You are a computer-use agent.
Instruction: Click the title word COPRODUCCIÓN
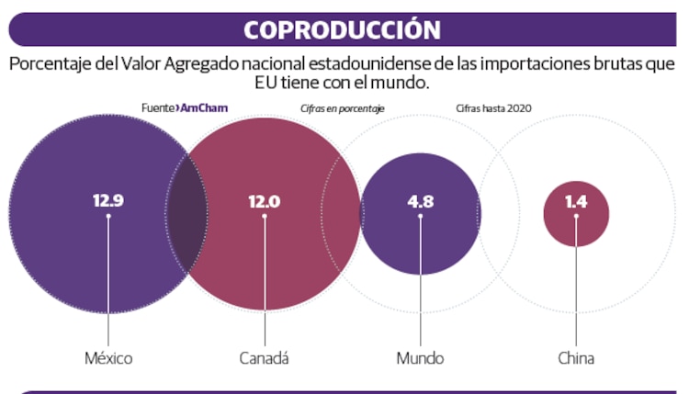pyautogui.click(x=342, y=29)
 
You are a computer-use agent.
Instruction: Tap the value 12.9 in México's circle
pyautogui.click(x=107, y=200)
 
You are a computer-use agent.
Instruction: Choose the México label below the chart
pyautogui.click(x=107, y=358)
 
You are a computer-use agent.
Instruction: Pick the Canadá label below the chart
pyautogui.click(x=264, y=358)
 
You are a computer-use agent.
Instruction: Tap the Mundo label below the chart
pyautogui.click(x=420, y=358)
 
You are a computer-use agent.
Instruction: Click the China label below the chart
pyautogui.click(x=576, y=358)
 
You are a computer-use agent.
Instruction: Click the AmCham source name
pyautogui.click(x=204, y=107)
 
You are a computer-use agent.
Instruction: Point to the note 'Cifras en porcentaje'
pyautogui.click(x=342, y=108)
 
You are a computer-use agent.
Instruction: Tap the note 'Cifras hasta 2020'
pyautogui.click(x=493, y=108)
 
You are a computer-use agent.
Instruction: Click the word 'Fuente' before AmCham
pyautogui.click(x=158, y=107)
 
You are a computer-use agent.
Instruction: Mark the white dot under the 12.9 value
pyautogui.click(x=107, y=217)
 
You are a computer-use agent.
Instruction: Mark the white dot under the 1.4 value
pyautogui.click(x=576, y=217)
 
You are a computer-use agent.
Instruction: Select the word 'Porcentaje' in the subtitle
pyautogui.click(x=49, y=65)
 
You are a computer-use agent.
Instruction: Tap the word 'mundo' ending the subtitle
pyautogui.click(x=404, y=84)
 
